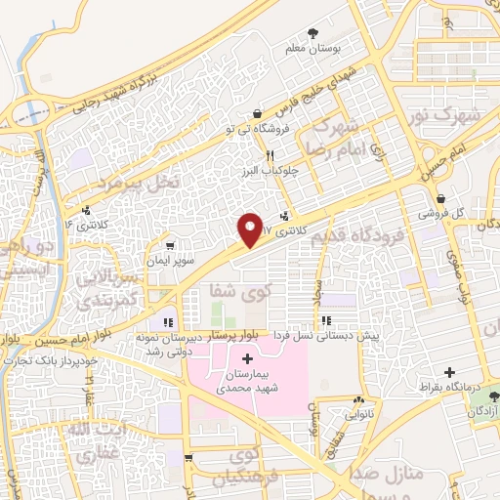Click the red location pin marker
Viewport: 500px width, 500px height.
(x=250, y=229)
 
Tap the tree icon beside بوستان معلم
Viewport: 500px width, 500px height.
(x=312, y=32)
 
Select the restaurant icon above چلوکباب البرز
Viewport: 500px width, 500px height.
(x=268, y=154)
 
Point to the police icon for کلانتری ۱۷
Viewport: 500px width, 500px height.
(x=284, y=217)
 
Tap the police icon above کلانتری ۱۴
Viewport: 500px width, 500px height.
(x=88, y=209)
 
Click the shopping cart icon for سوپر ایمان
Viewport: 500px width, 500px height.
(x=171, y=245)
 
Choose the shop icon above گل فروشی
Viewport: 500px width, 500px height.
(x=440, y=198)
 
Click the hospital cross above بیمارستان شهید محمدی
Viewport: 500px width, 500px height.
(x=246, y=359)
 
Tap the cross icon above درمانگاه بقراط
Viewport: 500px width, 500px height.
(x=449, y=372)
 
